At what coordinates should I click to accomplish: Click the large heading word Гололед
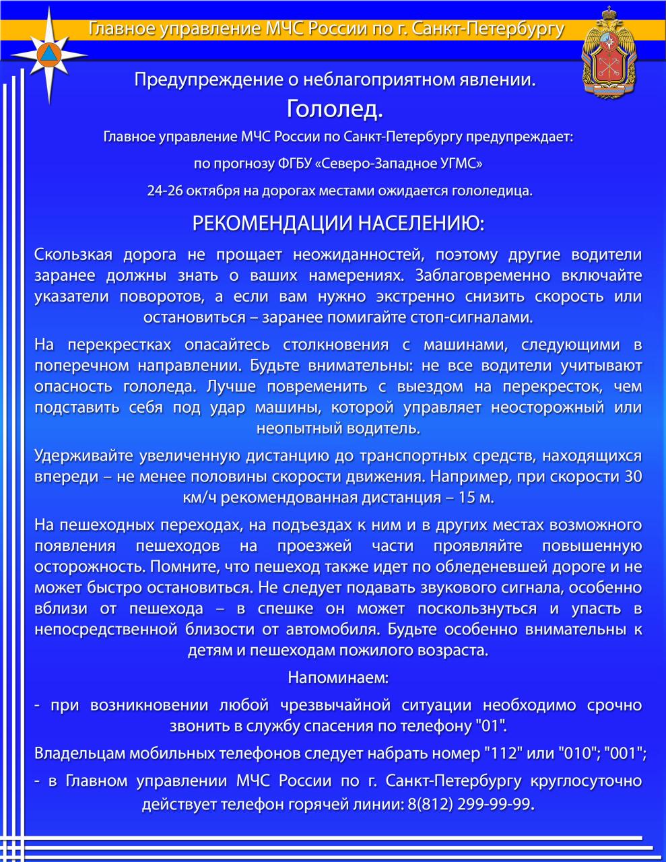point(334,108)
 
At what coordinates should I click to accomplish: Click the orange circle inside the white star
point(50,55)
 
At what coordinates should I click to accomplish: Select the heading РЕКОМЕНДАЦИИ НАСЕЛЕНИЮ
point(338,224)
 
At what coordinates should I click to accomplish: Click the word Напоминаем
point(338,677)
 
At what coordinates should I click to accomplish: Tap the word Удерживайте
point(84,456)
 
